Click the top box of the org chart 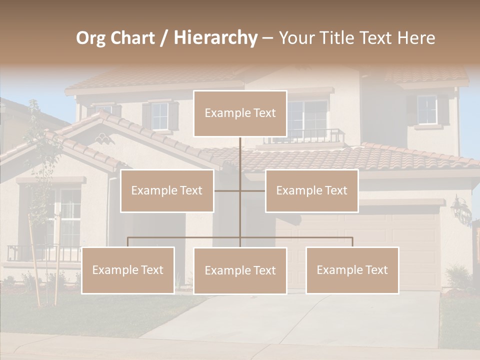tap(240, 113)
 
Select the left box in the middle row tap(167, 190)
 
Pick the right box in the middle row tap(311, 190)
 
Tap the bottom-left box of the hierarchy tap(128, 270)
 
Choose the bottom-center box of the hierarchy tap(240, 270)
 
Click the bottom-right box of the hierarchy tap(352, 270)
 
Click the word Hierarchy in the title tap(215, 38)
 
